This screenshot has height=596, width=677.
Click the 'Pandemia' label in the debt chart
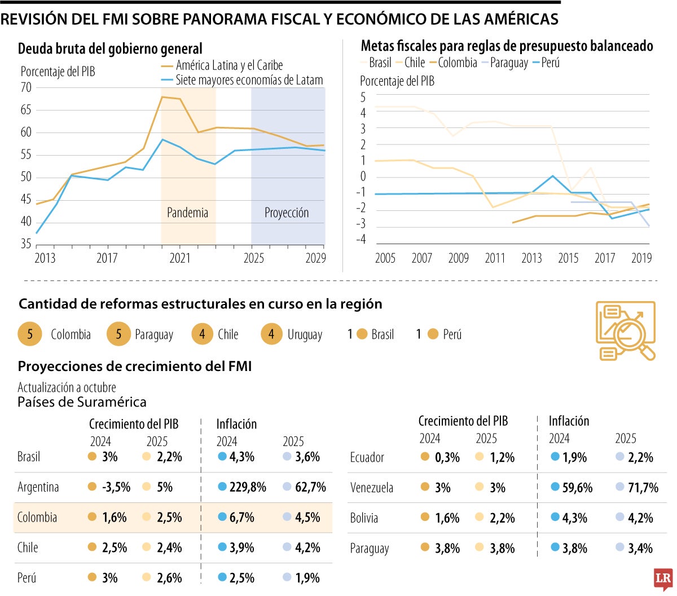(x=187, y=213)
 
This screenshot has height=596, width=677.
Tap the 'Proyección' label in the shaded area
(x=287, y=213)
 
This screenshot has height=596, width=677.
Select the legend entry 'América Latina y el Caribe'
(x=229, y=65)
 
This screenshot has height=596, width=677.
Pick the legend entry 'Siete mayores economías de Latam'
(x=249, y=80)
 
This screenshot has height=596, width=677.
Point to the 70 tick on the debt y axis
(x=26, y=87)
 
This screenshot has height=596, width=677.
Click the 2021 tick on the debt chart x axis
(x=180, y=258)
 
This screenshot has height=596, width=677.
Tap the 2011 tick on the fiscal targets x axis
(x=495, y=258)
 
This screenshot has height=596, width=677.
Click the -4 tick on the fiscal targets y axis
(x=361, y=240)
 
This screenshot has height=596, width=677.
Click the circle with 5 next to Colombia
(x=30, y=334)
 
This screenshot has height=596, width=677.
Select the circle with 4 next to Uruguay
(x=271, y=334)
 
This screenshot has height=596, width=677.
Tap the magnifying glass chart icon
(x=626, y=330)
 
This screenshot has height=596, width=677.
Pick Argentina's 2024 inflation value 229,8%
(x=248, y=487)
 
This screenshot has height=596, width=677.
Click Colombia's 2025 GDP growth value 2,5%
(x=169, y=518)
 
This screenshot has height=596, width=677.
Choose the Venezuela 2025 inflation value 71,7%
(x=643, y=488)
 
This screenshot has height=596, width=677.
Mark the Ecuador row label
(x=367, y=457)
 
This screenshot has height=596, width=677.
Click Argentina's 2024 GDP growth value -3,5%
(x=116, y=487)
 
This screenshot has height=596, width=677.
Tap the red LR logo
(x=663, y=579)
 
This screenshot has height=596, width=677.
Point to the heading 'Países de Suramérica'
(x=82, y=402)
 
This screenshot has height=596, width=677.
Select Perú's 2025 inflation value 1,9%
(x=307, y=578)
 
